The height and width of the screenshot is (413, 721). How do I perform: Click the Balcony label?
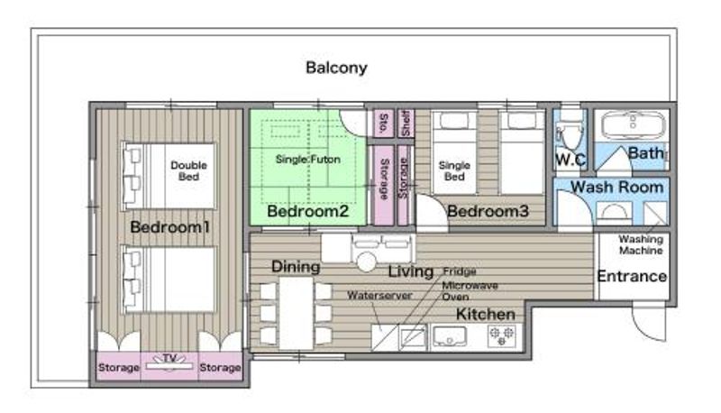[336, 68]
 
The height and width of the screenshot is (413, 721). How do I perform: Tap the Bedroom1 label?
[170, 226]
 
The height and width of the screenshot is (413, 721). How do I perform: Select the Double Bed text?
[188, 170]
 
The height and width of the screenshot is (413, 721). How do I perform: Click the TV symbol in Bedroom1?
[169, 363]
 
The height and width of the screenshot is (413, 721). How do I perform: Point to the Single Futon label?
[307, 159]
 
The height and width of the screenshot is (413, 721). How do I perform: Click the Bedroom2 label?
[307, 211]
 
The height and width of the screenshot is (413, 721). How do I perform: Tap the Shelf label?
[405, 123]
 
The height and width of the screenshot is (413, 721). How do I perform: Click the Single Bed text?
[454, 170]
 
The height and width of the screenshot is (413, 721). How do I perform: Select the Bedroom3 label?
[488, 211]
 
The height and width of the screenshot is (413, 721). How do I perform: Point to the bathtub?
[633, 124]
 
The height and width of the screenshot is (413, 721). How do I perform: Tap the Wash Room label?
[617, 188]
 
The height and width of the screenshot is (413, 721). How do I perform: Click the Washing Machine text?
[641, 244]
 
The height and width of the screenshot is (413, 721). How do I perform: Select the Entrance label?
[632, 276]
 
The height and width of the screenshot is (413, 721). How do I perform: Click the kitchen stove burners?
[501, 336]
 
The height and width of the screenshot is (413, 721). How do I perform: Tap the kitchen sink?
[449, 336]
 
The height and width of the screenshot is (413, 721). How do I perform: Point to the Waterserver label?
[379, 295]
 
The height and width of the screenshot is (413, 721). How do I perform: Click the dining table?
[297, 313]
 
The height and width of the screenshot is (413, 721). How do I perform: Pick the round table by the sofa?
[367, 262]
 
